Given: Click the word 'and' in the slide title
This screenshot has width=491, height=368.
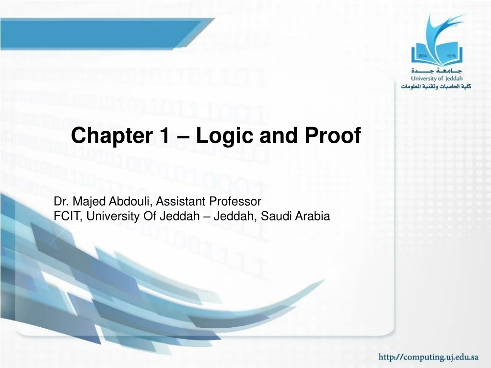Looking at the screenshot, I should pos(275,137).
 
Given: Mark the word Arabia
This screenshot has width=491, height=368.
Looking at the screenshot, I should pos(312,216).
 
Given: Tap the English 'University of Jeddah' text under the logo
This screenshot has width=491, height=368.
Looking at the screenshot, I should pos(436,78).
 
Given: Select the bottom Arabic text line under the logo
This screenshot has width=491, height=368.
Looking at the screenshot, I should pos(436,86).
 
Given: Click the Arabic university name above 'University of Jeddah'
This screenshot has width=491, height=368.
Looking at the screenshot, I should pos(436,70).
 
